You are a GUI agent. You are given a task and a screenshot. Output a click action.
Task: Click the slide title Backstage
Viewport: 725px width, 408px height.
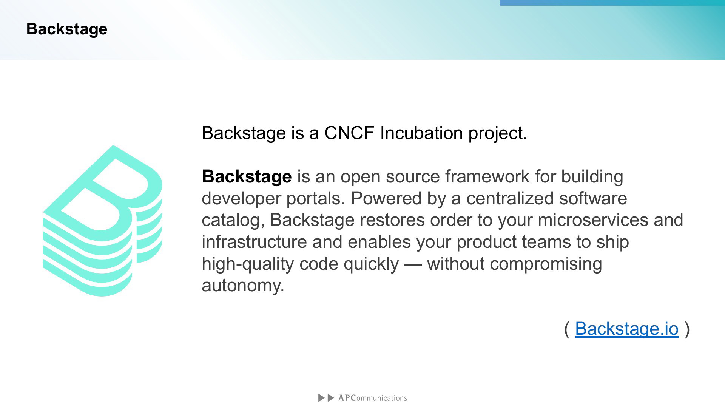pyautogui.click(x=67, y=29)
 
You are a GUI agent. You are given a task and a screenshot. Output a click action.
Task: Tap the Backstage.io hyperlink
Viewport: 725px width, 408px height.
pyautogui.click(x=627, y=328)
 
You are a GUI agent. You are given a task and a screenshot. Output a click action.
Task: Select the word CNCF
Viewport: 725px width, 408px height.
pyautogui.click(x=349, y=133)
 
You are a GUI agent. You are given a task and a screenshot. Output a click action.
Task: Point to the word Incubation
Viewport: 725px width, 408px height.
pyautogui.click(x=421, y=133)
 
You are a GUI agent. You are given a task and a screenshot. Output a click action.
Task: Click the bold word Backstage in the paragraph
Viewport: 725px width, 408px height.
pyautogui.click(x=247, y=176)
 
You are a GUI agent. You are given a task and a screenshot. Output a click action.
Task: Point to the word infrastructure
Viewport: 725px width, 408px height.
pyautogui.click(x=254, y=242)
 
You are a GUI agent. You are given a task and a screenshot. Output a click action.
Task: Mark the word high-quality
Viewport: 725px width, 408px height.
pyautogui.click(x=248, y=264)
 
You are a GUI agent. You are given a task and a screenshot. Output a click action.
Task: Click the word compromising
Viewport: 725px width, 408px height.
pyautogui.click(x=546, y=264)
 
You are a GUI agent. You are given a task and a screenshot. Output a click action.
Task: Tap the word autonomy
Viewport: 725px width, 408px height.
pyautogui.click(x=243, y=286)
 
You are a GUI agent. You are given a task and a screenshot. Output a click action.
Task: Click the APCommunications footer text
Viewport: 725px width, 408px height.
pyautogui.click(x=373, y=398)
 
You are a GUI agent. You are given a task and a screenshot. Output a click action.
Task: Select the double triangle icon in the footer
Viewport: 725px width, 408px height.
pyautogui.click(x=326, y=398)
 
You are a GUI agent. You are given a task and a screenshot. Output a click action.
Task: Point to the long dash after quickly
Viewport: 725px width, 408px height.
pyautogui.click(x=413, y=264)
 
